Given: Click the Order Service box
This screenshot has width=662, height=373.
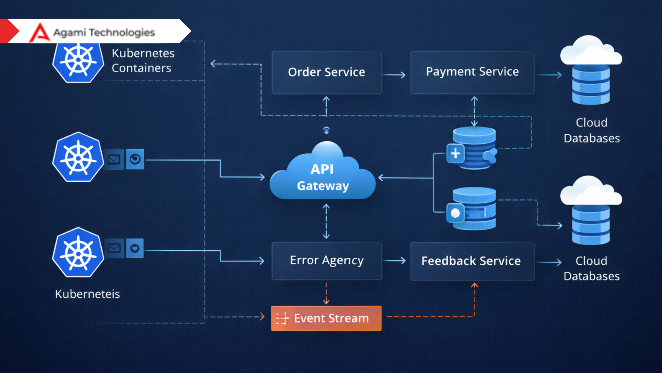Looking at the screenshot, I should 327,73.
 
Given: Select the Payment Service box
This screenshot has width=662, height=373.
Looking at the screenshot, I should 472,72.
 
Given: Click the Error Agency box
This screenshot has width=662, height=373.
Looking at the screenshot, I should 327,261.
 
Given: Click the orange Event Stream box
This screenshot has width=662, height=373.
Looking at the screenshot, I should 326,318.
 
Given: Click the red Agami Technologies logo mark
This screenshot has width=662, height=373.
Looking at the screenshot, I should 40,33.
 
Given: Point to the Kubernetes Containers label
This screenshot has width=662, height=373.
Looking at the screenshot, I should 143,61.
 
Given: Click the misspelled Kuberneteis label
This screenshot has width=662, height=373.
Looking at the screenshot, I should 87,294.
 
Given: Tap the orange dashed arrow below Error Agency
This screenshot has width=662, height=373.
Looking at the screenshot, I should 326,293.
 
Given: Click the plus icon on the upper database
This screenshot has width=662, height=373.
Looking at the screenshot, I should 455,153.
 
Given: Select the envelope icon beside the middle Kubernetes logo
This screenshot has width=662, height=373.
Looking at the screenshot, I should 114,159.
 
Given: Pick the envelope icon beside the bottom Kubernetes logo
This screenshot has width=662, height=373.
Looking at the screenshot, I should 114,248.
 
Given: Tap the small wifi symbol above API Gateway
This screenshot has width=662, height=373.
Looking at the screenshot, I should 326,130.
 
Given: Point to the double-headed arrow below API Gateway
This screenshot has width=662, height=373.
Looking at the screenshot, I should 326,221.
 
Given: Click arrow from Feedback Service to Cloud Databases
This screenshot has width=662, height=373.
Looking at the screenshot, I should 549,262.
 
